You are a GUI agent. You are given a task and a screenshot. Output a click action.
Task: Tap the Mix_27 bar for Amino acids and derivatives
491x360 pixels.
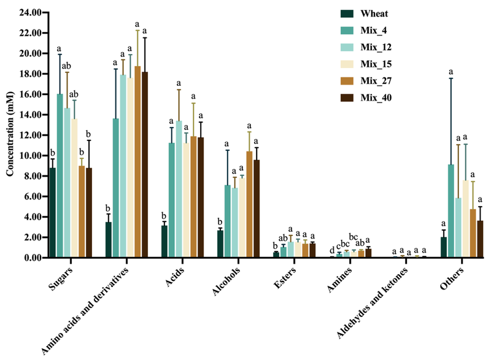pyautogui.click(x=137, y=162)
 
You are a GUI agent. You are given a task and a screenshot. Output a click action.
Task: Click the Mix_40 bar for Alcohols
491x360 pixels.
pyautogui.click(x=256, y=209)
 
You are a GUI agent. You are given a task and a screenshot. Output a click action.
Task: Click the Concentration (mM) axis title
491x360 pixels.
pyautogui.click(x=10, y=135)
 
